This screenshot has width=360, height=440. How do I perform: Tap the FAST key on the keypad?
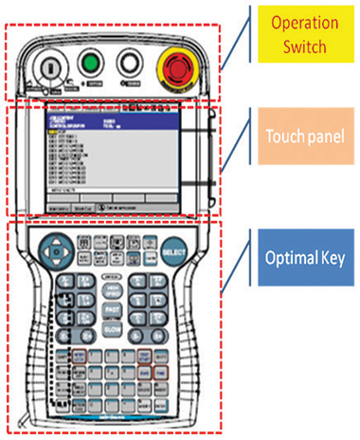pyautogui.click(x=111, y=309)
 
